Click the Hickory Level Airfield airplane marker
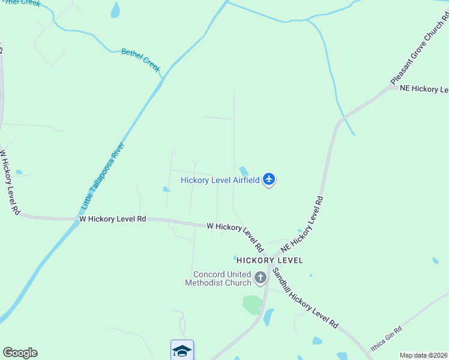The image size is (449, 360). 269,179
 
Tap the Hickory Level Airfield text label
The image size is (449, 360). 220,180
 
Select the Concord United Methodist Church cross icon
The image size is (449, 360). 260,277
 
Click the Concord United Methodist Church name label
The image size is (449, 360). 218,278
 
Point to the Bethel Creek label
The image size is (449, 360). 141,60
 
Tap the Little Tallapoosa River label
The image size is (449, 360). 103,176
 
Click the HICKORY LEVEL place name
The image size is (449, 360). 270,260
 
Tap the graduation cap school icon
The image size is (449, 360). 182,350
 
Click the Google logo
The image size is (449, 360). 20,353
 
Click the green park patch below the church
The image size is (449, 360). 253,304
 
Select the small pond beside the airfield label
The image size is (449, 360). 244,171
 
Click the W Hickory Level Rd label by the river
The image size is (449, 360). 113,220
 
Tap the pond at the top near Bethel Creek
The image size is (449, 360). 115,10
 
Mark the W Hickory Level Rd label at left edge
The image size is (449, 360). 10,183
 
